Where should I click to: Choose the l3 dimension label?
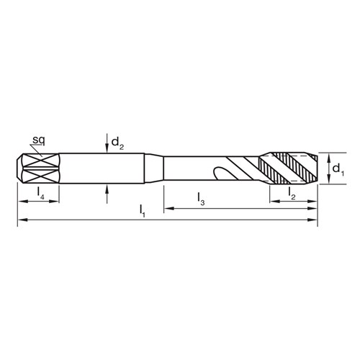pos(201,197)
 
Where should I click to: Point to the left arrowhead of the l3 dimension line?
pos(168,209)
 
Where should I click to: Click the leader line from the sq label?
pos(42,148)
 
